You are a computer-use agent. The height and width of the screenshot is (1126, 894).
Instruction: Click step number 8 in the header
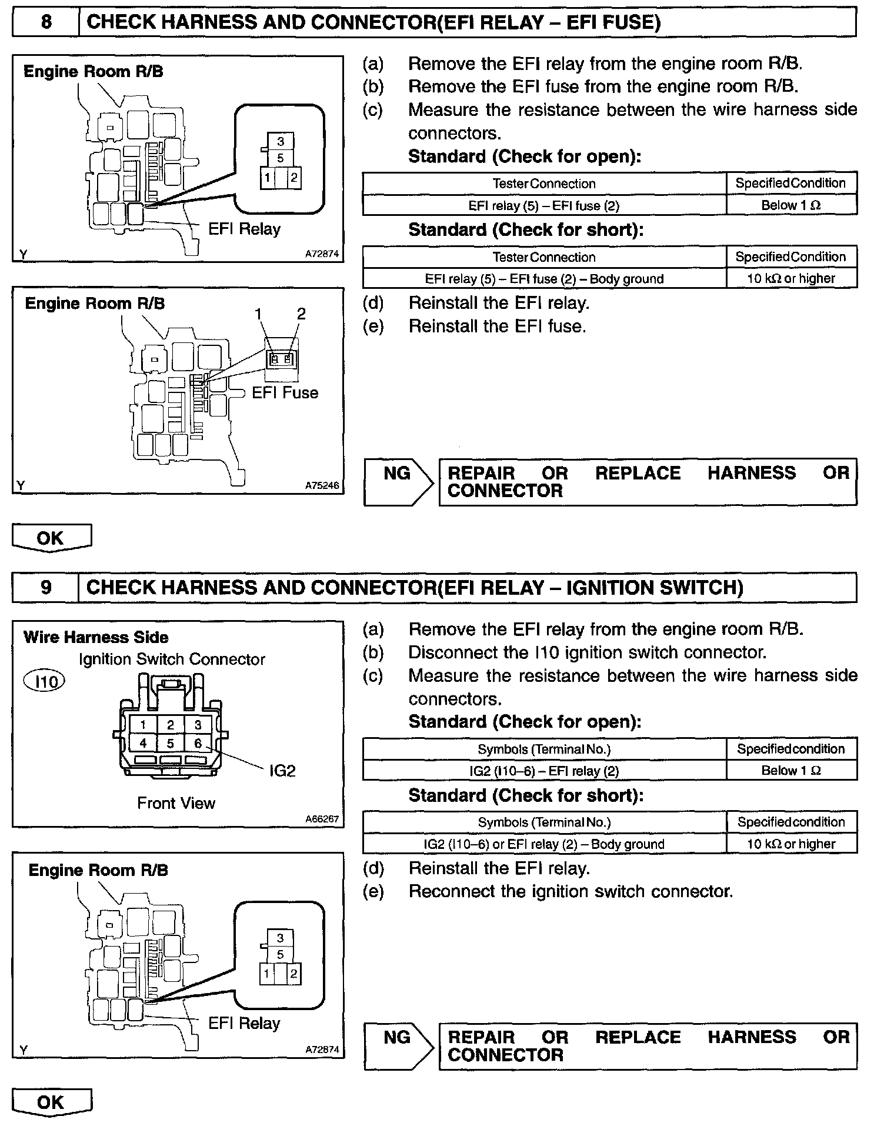pyautogui.click(x=46, y=22)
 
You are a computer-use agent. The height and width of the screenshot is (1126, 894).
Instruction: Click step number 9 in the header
pyautogui.click(x=46, y=587)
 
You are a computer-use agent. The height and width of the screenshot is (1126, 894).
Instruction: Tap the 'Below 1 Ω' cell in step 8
pyautogui.click(x=791, y=205)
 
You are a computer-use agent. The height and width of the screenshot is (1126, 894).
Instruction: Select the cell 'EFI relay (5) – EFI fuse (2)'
pyautogui.click(x=544, y=206)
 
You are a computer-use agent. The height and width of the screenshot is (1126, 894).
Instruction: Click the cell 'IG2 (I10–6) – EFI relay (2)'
pyautogui.click(x=544, y=771)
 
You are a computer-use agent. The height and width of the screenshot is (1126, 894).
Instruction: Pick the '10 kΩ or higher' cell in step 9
pyautogui.click(x=791, y=844)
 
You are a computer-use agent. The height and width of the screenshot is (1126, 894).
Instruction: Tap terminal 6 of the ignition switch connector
pyautogui.click(x=198, y=744)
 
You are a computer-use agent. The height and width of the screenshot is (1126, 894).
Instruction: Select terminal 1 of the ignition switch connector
pyautogui.click(x=143, y=725)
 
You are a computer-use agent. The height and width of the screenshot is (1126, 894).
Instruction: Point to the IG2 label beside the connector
pyautogui.click(x=282, y=770)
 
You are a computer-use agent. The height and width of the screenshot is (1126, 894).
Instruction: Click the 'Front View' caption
pyautogui.click(x=176, y=803)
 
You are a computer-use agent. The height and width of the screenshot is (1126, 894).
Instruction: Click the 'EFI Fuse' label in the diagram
pyautogui.click(x=285, y=392)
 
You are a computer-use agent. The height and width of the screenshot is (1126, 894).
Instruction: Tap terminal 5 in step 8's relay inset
pyautogui.click(x=281, y=158)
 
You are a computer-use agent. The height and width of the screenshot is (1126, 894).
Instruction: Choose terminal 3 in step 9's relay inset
pyautogui.click(x=281, y=938)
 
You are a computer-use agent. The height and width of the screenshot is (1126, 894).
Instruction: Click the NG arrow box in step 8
pyautogui.click(x=398, y=482)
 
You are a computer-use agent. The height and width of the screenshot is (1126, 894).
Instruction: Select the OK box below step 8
pyautogui.click(x=51, y=538)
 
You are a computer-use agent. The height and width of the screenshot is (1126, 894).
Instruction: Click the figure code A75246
pyautogui.click(x=322, y=486)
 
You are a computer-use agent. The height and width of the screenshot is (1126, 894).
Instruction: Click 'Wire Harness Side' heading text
pyautogui.click(x=96, y=637)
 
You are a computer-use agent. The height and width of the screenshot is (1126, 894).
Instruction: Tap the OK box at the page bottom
pyautogui.click(x=51, y=1102)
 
